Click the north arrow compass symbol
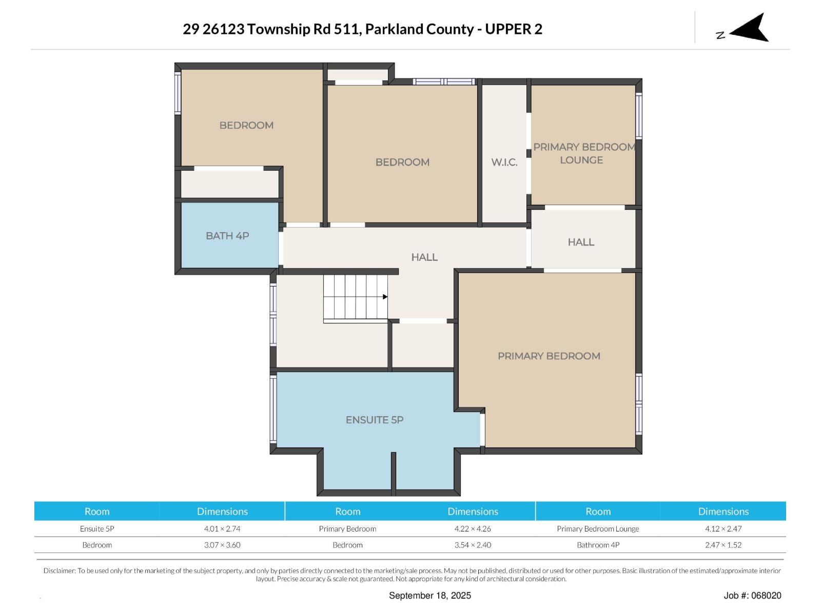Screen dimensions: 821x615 749,28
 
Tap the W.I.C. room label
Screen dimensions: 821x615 504,162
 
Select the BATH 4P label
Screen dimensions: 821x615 227,236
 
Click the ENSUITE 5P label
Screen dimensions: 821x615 375,420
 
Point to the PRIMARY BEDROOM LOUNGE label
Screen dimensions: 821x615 584,153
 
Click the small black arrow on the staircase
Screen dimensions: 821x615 385,297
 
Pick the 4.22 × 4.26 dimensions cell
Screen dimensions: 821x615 473,529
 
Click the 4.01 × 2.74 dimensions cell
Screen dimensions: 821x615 222,529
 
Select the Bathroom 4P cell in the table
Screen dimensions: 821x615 598,545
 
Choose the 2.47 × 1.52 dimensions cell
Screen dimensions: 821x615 724,545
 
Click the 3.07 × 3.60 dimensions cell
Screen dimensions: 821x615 222,545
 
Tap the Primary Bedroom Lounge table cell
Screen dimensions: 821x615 598,529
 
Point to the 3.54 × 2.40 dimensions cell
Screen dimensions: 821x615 473,545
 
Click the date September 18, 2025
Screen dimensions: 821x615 430,596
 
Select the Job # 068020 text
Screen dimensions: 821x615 752,596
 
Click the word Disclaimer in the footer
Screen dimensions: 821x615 60,570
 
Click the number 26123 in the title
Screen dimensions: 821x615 223,29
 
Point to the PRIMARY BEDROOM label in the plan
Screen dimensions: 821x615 549,356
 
